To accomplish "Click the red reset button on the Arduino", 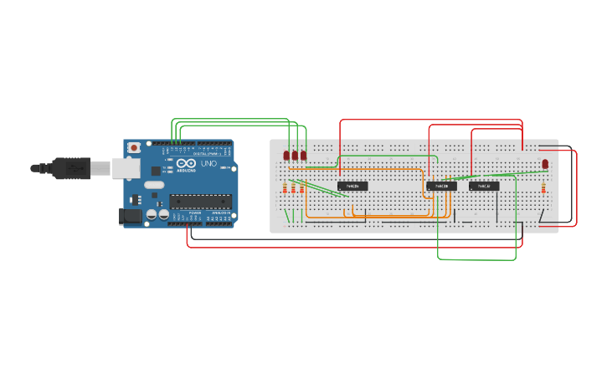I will click(x=134, y=148).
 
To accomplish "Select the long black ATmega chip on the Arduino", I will click(x=200, y=200).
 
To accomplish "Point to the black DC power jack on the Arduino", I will click(x=130, y=216).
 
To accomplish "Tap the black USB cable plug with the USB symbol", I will click(x=71, y=167).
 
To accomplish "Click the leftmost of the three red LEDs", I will click(x=285, y=156).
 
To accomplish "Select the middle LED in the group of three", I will click(x=295, y=156).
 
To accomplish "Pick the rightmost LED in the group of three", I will click(x=303, y=156).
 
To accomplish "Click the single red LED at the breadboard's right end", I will click(x=545, y=163).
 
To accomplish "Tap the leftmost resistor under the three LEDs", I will click(x=285, y=187).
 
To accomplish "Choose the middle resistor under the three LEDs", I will click(x=294, y=187).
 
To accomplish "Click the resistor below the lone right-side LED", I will click(x=545, y=187).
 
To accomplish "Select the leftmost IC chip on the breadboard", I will click(x=352, y=185).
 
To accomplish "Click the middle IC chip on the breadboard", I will click(x=441, y=186).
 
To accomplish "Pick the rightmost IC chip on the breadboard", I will click(x=484, y=186).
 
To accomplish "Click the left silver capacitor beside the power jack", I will click(x=151, y=214).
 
